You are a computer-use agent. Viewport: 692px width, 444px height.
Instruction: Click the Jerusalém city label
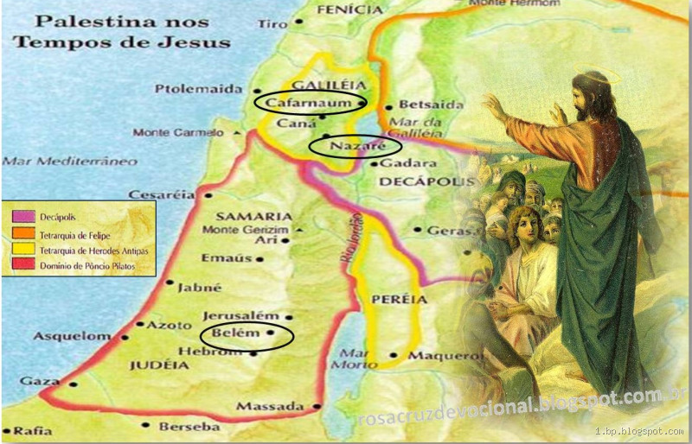coord(241,317)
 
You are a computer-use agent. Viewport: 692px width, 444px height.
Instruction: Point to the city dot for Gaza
coord(73,384)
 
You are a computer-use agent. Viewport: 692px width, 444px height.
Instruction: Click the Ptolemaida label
coord(196,88)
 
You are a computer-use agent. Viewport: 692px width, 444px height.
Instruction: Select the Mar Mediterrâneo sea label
coord(58,161)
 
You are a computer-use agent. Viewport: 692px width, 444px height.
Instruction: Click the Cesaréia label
coord(159,195)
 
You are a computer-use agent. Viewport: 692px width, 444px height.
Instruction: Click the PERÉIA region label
coord(400,299)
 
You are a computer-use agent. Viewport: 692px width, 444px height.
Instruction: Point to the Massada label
coord(269,406)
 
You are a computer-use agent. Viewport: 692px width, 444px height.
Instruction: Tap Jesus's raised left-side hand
coord(496,108)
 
